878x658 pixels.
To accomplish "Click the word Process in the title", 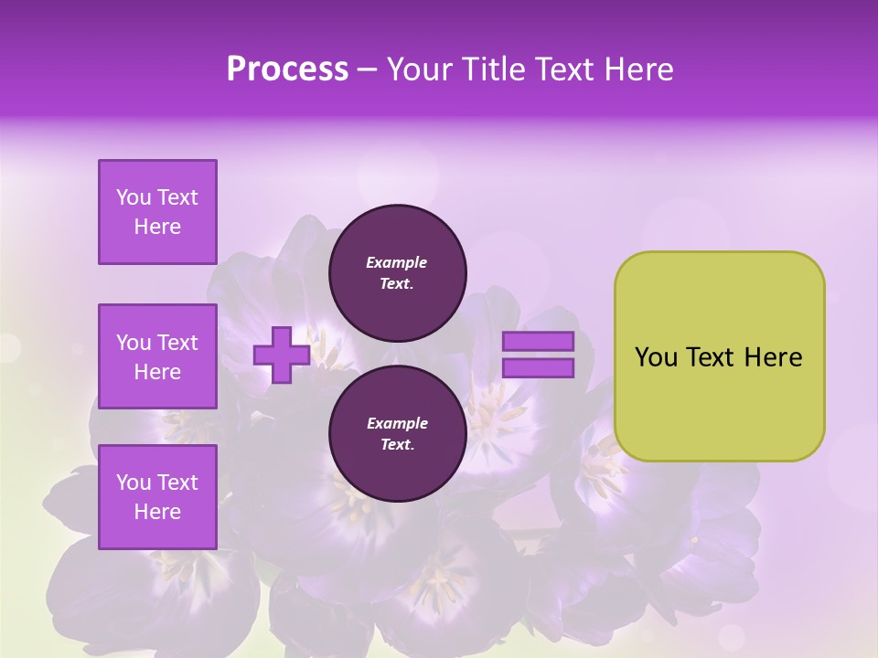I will tap(287, 69).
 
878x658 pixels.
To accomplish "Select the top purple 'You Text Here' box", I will tap(157, 212).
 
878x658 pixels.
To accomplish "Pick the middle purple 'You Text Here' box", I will tap(157, 356).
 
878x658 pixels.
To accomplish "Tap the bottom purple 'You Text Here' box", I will tap(157, 497).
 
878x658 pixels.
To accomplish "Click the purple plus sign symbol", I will tap(281, 356).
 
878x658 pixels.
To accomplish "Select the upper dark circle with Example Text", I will tap(397, 273).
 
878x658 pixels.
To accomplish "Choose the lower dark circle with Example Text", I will tap(397, 434).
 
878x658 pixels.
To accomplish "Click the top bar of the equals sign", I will tap(539, 341).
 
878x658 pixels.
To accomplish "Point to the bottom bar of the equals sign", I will tap(539, 368).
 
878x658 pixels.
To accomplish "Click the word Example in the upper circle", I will tap(397, 262).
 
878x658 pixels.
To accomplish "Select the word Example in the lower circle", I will tap(397, 423).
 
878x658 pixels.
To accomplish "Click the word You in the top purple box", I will tap(134, 197).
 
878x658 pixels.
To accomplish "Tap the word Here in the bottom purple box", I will tap(157, 512).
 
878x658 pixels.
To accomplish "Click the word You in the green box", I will tap(656, 357).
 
